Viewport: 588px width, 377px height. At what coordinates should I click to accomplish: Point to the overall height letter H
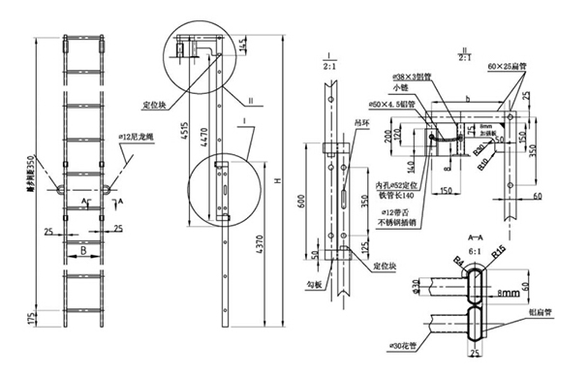tap(281, 183)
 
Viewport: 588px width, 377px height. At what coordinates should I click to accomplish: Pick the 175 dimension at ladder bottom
tap(30, 317)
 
